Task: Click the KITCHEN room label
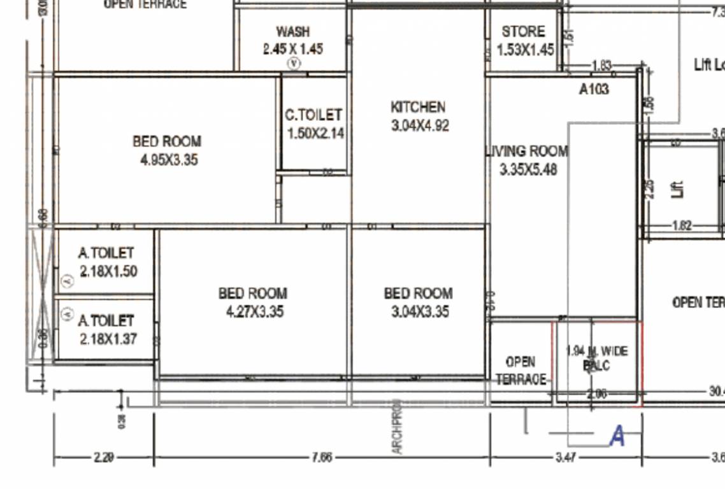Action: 418,107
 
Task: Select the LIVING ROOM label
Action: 527,152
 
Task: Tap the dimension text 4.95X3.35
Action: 169,160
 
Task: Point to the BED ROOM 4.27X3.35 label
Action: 252,302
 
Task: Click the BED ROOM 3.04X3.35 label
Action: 418,302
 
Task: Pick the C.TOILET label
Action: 313,115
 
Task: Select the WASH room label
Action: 292,31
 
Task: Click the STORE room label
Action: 523,32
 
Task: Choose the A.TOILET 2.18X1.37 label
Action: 108,330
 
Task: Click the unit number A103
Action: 594,89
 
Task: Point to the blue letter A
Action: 617,437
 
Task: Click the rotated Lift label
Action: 679,189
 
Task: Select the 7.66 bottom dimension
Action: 322,457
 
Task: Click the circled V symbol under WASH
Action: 294,63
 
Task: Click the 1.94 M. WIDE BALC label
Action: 596,358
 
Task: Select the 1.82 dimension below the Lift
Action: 682,225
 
